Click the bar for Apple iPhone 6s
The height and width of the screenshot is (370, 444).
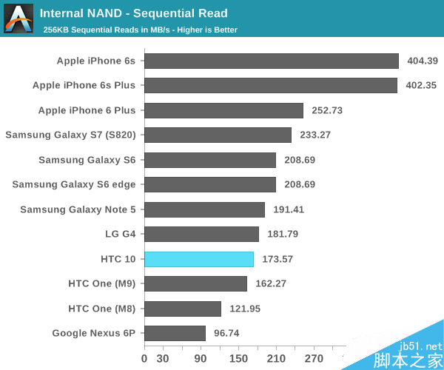[271, 61]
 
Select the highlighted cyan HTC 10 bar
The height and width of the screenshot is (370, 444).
[199, 259]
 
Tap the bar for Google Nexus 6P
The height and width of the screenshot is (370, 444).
[175, 333]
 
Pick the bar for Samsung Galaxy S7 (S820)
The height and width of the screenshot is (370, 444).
[218, 135]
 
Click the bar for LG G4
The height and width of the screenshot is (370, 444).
[201, 234]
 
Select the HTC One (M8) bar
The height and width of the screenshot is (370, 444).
[183, 309]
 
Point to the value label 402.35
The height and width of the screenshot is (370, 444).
[422, 86]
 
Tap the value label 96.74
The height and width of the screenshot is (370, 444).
[226, 334]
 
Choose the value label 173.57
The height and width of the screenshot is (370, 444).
[277, 259]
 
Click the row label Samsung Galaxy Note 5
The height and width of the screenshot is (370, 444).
[78, 209]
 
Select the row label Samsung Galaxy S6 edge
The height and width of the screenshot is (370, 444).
[74, 184]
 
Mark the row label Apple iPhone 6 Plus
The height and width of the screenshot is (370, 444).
[87, 110]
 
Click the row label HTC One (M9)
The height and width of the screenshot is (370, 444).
[102, 283]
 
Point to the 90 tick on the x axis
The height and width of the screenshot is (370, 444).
[201, 359]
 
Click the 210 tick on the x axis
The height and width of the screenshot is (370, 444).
[276, 359]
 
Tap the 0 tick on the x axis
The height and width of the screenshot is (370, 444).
[144, 359]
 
